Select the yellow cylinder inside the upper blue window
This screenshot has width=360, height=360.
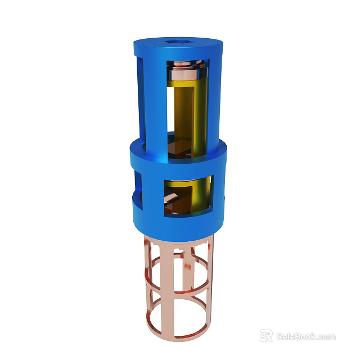(190, 110)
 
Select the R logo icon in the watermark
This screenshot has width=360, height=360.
(267, 336)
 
